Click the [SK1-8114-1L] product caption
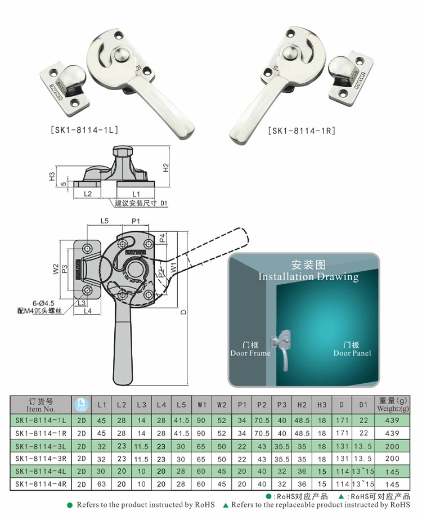point(85,130)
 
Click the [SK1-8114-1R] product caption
point(302,131)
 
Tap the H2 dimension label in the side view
point(165,167)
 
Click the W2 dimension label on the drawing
point(56,269)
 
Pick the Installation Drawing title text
point(308,276)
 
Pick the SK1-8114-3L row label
point(41,446)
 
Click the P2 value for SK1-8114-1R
point(262,433)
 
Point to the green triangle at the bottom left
point(225,505)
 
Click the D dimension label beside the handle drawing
point(183,313)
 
